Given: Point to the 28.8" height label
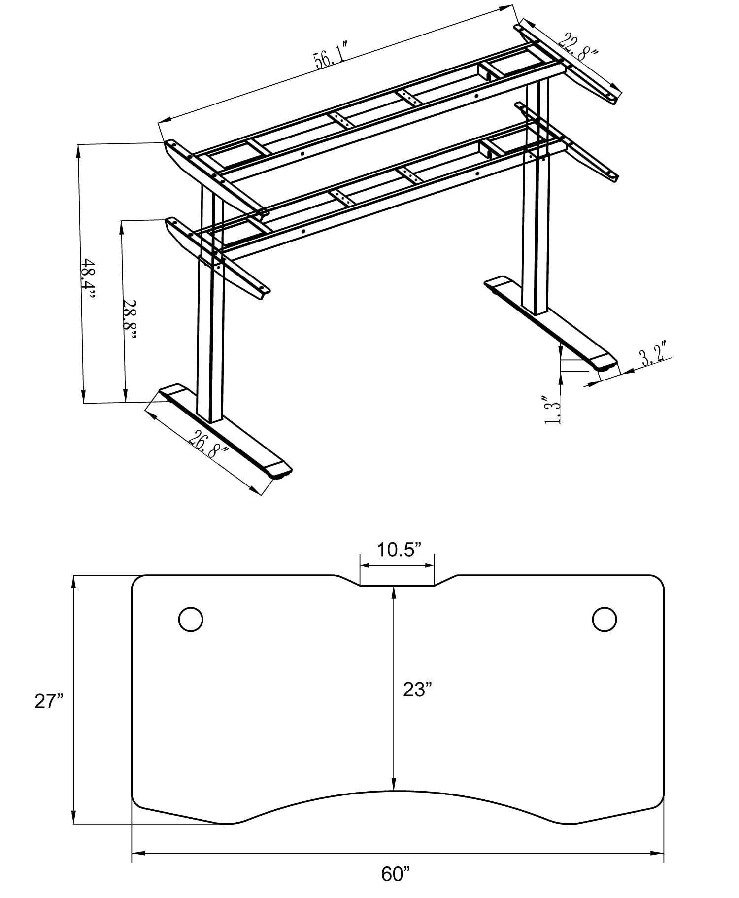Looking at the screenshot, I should [130, 320].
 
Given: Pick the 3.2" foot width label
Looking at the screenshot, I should [653, 356].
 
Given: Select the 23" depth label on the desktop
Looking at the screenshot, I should [417, 689].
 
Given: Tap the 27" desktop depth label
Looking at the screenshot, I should [49, 701].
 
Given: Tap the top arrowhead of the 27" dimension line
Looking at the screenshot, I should [74, 581].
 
